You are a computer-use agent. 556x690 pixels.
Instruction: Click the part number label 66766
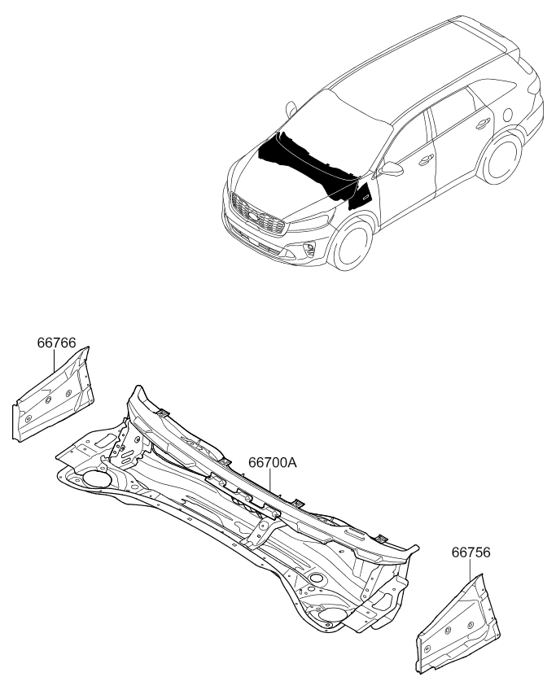pos(56,343)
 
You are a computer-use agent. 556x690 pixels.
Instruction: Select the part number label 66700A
pos(273,462)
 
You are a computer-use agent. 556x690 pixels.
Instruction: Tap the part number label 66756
pos(471,552)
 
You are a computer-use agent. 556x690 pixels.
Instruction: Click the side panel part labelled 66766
pos(53,394)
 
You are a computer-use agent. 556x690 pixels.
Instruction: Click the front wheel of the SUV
pos(351,244)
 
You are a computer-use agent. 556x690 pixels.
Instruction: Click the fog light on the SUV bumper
pos(310,249)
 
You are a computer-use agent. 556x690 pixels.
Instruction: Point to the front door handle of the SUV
pos(425,160)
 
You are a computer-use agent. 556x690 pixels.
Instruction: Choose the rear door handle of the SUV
pos(483,124)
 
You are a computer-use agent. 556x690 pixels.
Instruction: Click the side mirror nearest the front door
pos(392,168)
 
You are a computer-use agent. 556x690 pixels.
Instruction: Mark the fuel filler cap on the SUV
pos(507,114)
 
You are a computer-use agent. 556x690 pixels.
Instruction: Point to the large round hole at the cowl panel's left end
pos(95,478)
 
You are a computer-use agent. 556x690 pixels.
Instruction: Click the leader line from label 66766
pos(55,360)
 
